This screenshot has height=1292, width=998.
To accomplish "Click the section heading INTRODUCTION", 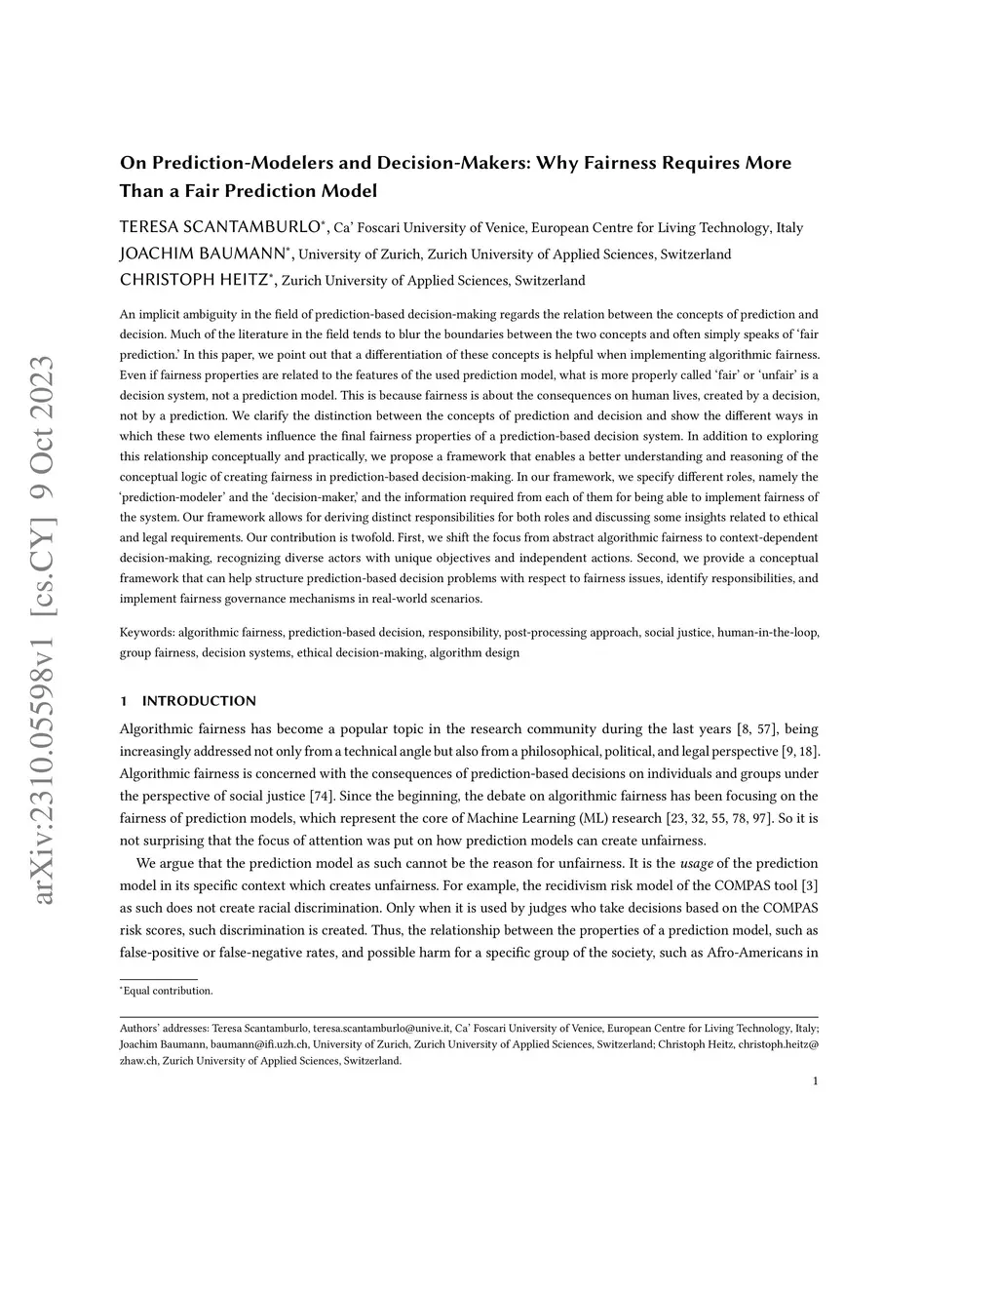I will (199, 701).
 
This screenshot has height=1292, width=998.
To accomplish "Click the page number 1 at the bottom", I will (815, 1080).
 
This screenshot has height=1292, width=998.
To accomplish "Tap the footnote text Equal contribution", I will (168, 991).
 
